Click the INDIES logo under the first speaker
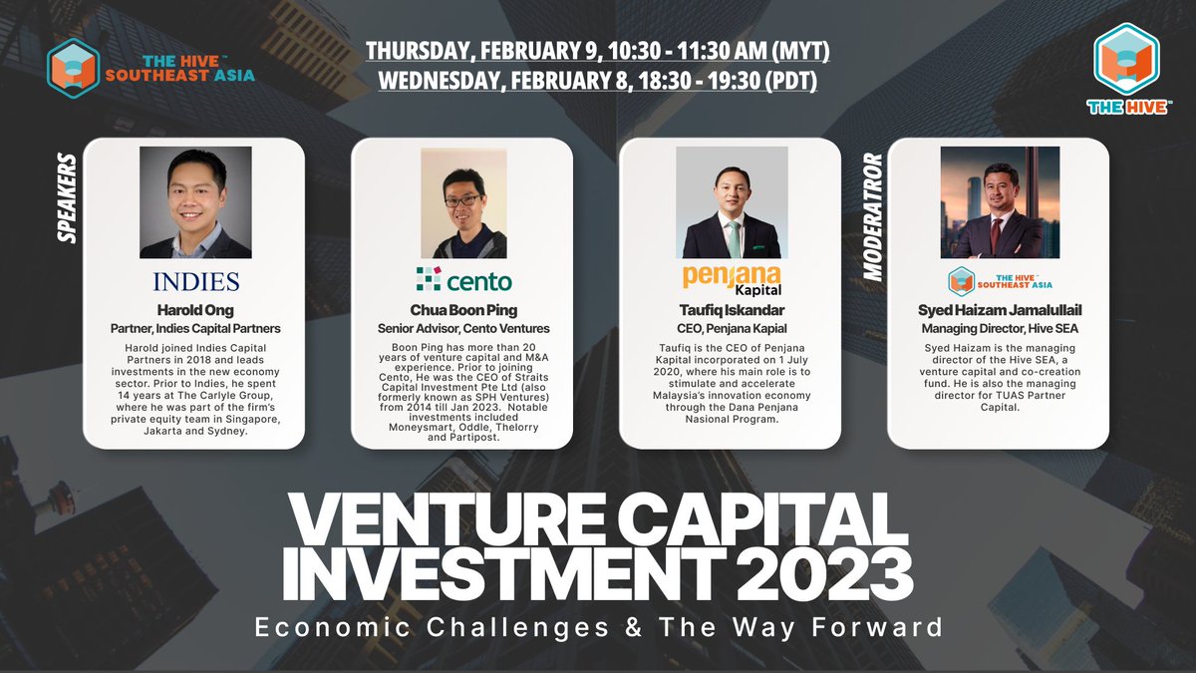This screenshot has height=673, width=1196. [195, 279]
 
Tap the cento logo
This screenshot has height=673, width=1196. [463, 279]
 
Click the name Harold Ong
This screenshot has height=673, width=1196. [195, 310]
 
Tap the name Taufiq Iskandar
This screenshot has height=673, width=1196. [731, 310]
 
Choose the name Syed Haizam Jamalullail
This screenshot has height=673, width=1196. [998, 310]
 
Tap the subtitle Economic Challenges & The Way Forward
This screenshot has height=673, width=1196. [598, 628]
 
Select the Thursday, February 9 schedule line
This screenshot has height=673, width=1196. [597, 50]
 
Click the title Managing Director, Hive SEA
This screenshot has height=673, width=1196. [998, 328]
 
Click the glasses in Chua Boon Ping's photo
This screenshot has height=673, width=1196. [461, 199]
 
